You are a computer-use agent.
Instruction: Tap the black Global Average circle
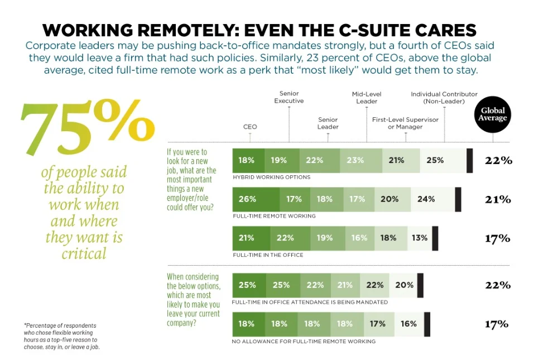point(493,115)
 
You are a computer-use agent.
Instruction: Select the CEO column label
point(250,127)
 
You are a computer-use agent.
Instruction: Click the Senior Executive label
point(288,97)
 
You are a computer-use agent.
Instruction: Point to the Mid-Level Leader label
point(366,97)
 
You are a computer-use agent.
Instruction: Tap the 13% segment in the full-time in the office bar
point(420,238)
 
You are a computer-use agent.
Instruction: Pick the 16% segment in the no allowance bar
point(408,324)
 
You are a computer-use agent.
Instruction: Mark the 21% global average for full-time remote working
point(497,199)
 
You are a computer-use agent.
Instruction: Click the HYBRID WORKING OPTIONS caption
point(271,177)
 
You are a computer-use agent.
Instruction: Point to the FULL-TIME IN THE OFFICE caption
point(268,255)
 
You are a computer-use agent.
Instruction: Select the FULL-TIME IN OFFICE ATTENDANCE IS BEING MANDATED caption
point(309,302)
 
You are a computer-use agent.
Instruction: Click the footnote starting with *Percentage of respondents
point(60,336)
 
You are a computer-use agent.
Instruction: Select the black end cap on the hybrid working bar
point(469,160)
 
